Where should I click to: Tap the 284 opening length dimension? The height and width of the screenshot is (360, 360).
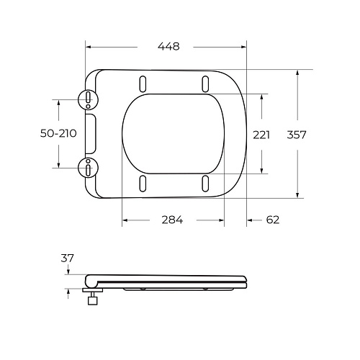pyautogui.click(x=171, y=220)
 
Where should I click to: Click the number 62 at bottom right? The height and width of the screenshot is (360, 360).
pyautogui.click(x=271, y=220)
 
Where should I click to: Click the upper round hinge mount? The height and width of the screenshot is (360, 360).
pyautogui.click(x=88, y=99)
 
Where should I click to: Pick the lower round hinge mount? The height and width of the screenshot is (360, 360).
pyautogui.click(x=88, y=168)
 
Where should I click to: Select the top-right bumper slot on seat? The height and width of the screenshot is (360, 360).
pyautogui.click(x=206, y=81)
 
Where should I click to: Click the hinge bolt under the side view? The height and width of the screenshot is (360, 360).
pyautogui.click(x=93, y=300)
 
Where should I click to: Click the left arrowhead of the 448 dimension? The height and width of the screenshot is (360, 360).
pyautogui.click(x=89, y=46)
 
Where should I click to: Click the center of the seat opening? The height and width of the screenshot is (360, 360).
pyautogui.click(x=173, y=133)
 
